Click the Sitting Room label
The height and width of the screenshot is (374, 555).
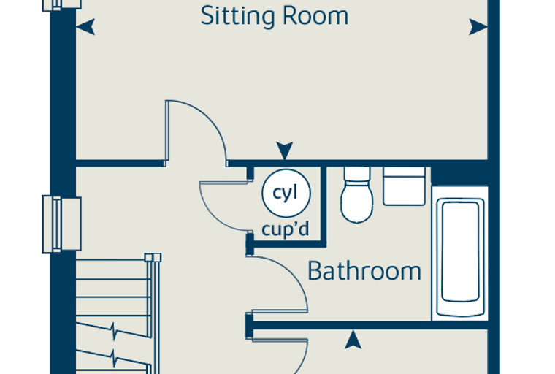(x=275, y=16)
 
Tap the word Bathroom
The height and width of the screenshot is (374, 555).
(x=364, y=271)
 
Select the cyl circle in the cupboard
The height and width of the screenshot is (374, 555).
(x=286, y=193)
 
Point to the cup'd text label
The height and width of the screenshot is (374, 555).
(x=286, y=229)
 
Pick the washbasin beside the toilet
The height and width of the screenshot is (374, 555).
(x=405, y=186)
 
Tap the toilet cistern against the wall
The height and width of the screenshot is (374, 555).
(x=357, y=175)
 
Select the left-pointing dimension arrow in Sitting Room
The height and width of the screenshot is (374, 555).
(x=85, y=27)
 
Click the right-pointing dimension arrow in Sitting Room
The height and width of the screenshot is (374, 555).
(x=478, y=27)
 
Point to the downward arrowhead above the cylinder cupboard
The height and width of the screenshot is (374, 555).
(x=285, y=150)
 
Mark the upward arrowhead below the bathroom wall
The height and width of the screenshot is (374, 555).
(x=353, y=339)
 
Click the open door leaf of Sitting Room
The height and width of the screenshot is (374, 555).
(x=167, y=133)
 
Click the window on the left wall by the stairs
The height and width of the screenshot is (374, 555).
(x=62, y=225)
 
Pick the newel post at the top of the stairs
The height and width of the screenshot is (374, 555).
(x=153, y=257)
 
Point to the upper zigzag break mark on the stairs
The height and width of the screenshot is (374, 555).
(x=114, y=331)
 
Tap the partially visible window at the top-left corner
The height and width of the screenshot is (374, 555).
(x=62, y=5)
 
